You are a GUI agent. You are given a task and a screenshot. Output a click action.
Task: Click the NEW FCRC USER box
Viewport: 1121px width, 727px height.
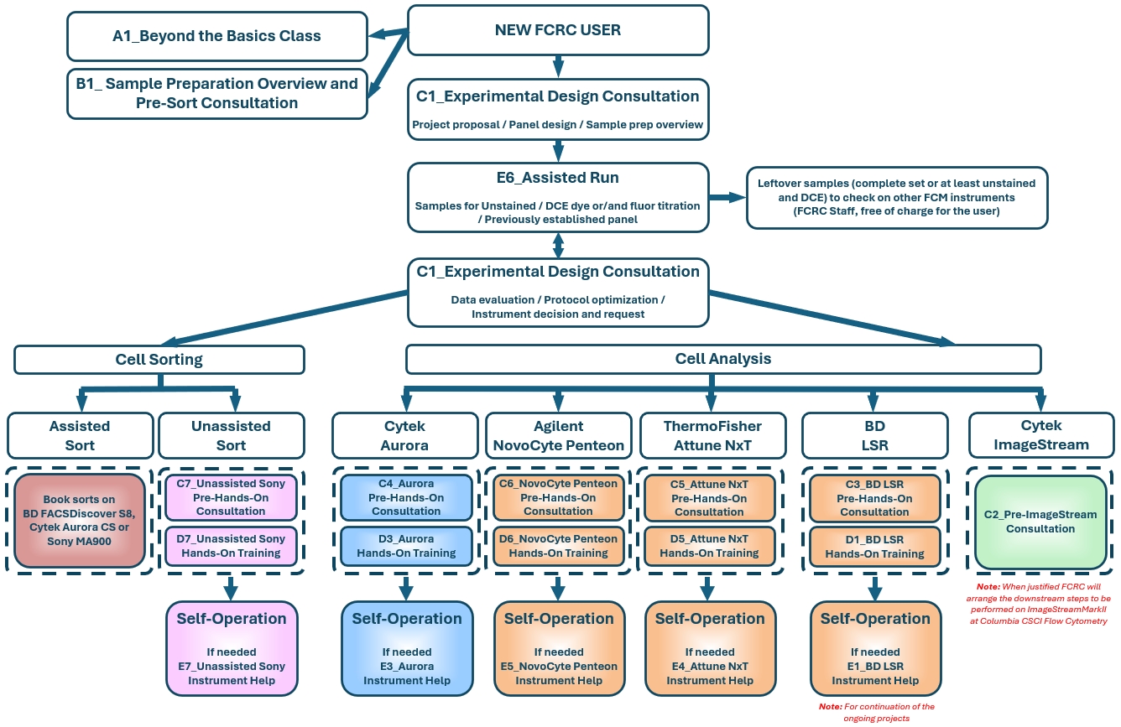pos(558,31)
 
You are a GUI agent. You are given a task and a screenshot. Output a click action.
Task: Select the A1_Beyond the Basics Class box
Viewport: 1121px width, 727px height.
pos(216,36)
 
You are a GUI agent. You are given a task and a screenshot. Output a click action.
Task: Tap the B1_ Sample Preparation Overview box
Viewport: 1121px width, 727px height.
pos(216,93)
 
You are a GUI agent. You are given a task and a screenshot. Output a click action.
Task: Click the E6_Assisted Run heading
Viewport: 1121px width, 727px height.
pos(558,178)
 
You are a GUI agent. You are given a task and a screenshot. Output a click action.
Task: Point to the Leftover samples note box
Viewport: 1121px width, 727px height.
pos(896,197)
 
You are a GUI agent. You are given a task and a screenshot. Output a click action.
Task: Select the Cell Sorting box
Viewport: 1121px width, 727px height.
pos(159,360)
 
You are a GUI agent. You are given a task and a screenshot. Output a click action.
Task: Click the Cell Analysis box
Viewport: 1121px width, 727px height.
pos(722,359)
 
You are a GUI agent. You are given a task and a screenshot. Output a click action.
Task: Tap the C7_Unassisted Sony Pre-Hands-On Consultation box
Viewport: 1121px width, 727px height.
pos(231,497)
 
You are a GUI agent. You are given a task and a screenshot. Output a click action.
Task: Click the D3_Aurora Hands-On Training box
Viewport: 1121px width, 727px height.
pos(406,546)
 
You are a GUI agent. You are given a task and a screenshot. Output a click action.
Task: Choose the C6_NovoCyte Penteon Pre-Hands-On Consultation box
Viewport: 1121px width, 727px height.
pos(558,497)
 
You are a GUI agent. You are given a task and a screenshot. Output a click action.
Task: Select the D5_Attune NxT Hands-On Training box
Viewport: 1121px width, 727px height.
pos(709,546)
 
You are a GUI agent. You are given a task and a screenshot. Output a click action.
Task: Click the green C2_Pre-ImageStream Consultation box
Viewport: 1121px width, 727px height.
pos(1040,522)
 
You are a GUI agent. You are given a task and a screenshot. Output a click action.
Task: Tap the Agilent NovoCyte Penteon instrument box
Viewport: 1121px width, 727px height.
pos(558,435)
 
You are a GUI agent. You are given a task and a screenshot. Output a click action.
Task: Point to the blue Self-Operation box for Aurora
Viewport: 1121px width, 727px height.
pos(406,648)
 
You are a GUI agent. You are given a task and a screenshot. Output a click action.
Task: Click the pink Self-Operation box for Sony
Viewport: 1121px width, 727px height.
pos(231,648)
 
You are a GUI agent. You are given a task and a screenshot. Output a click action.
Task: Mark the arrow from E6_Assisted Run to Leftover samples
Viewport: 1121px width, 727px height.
pos(727,198)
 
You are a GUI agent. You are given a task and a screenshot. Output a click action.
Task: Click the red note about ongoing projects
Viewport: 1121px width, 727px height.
pos(876,712)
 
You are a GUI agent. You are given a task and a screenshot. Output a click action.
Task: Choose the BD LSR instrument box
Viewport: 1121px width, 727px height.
pos(874,435)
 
